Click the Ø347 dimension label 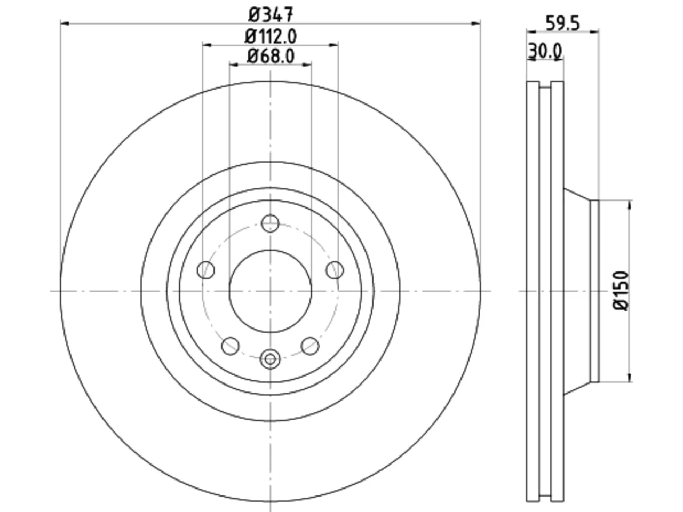(x=271, y=14)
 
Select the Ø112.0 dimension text (x=271, y=36)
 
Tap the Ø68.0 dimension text (x=271, y=57)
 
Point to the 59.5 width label (x=562, y=23)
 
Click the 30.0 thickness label (x=545, y=51)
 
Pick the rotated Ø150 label (x=621, y=291)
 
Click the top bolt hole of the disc (x=270, y=223)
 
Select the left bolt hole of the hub (x=205, y=270)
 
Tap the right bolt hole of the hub (x=335, y=270)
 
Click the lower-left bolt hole (x=231, y=346)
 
